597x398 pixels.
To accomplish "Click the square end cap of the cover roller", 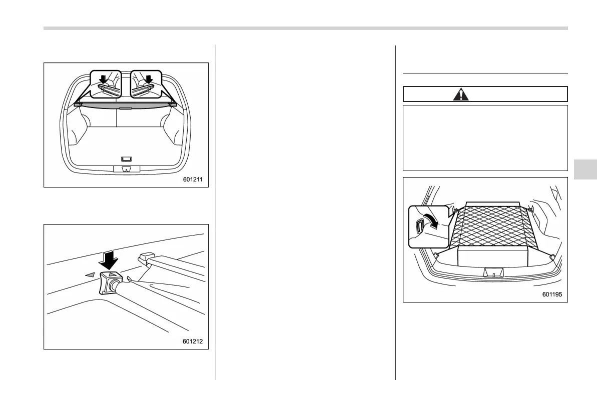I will (x=107, y=283).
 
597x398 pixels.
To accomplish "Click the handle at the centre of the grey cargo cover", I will (x=126, y=107).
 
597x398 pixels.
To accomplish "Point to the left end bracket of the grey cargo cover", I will (x=77, y=104).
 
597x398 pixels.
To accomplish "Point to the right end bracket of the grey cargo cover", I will (x=174, y=104).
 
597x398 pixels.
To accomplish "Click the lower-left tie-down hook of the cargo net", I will (x=436, y=255).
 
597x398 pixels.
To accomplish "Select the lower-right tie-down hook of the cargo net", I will (x=551, y=256).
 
